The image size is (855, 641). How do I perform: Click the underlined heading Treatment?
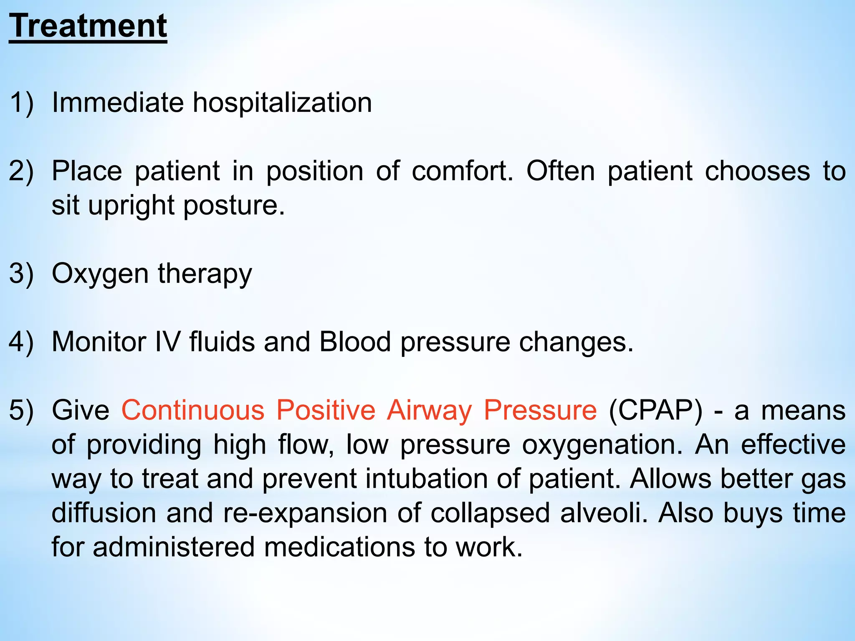click(x=88, y=26)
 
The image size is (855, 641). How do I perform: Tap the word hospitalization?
click(x=282, y=103)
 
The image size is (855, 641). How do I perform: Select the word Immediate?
click(x=117, y=103)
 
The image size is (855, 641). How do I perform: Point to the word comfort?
click(x=462, y=171)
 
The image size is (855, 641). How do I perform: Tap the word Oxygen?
click(x=100, y=275)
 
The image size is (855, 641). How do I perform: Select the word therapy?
click(x=205, y=275)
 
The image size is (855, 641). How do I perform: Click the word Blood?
click(x=355, y=342)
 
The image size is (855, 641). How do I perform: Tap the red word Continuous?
click(x=193, y=410)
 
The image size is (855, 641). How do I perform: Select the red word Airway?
click(x=429, y=411)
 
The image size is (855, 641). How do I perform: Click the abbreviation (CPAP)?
click(x=655, y=411)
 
